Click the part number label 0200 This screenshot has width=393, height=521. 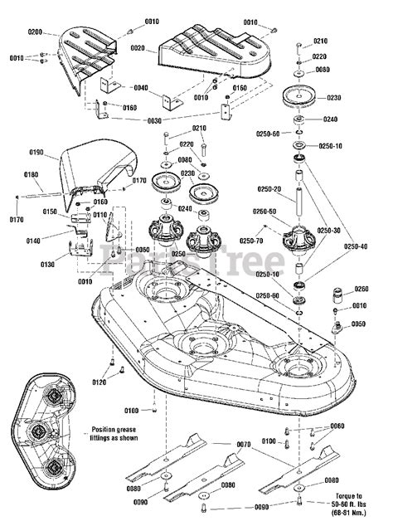35,31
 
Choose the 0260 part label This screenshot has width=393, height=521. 361,290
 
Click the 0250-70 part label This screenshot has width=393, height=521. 252,241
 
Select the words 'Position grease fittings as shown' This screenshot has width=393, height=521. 109,436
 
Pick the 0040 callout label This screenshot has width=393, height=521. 140,88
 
